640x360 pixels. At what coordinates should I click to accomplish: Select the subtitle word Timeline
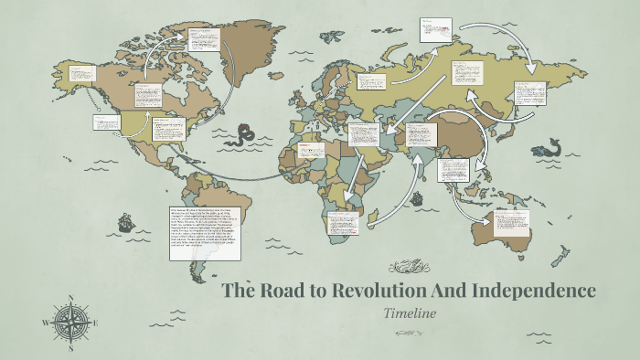pyautogui.click(x=411, y=313)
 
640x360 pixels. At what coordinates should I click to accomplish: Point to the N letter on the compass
pyautogui.click(x=70, y=298)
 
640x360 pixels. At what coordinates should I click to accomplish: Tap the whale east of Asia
pyautogui.click(x=548, y=146)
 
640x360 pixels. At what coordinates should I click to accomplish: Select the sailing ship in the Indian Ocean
pyautogui.click(x=416, y=197)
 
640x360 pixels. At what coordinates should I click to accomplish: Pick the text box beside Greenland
pyautogui.click(x=206, y=39)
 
